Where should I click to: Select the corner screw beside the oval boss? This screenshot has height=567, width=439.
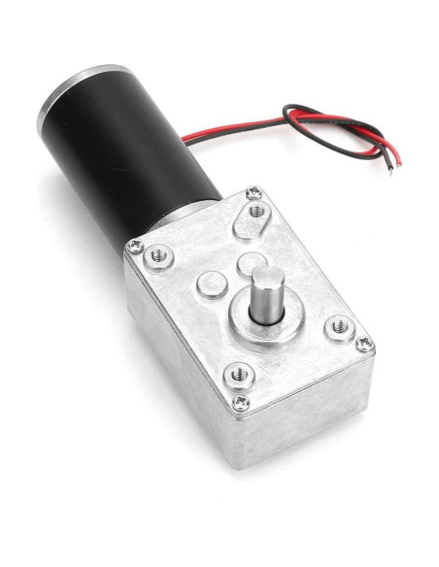[x=254, y=191]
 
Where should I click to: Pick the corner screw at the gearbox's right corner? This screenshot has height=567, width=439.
[x=364, y=341]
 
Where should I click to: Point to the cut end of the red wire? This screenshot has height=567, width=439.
[x=394, y=156]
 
